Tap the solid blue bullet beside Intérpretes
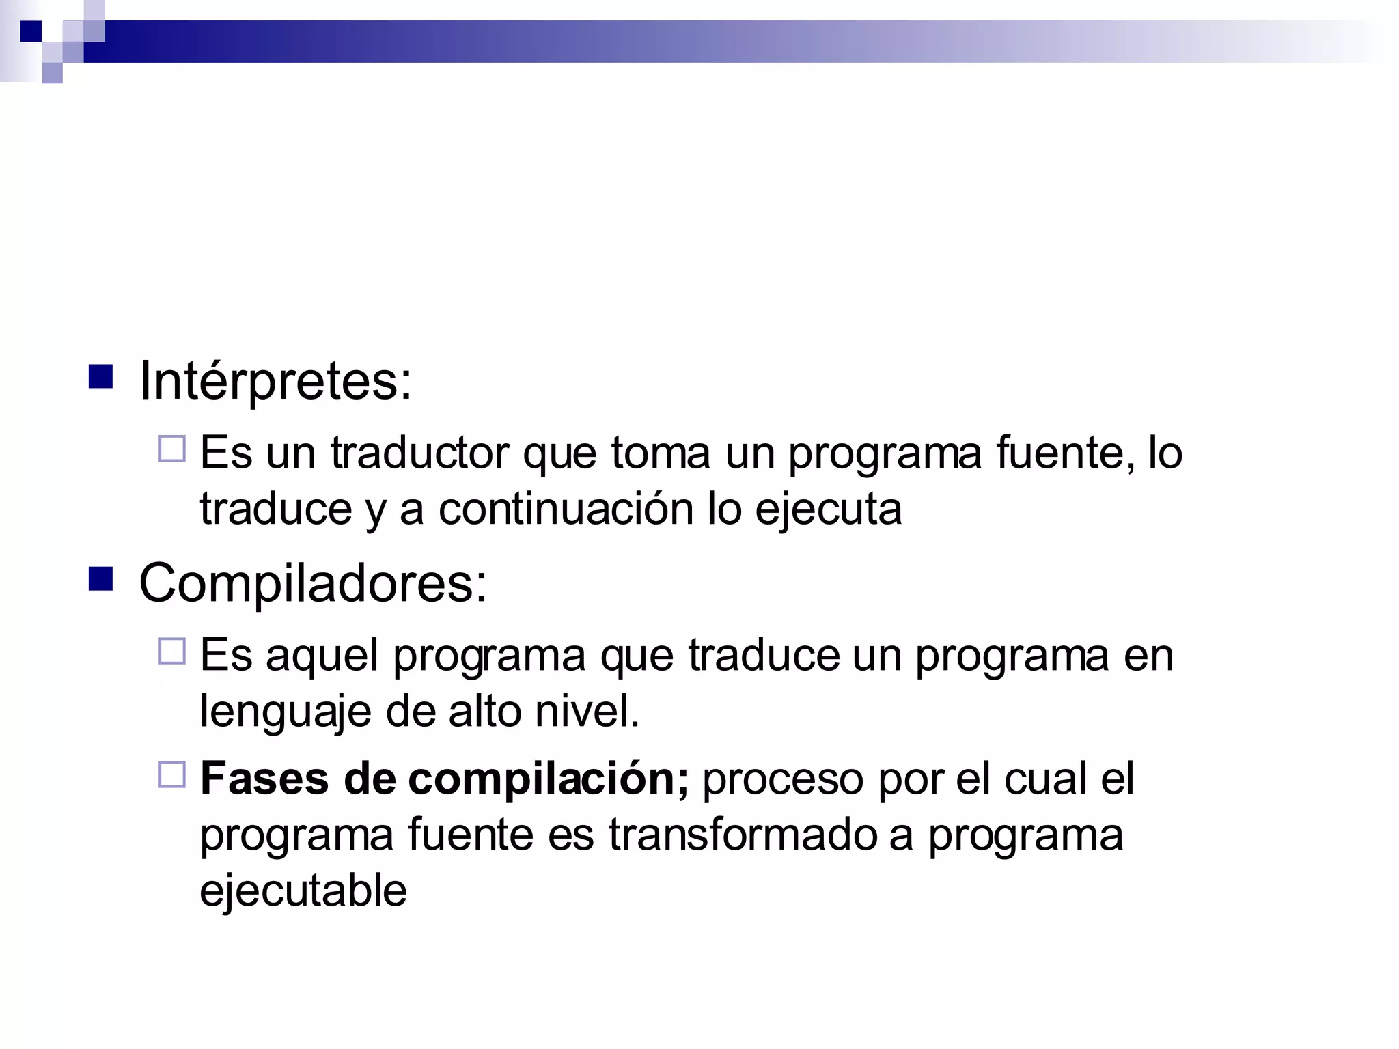coord(100,377)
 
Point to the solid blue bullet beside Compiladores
coord(100,579)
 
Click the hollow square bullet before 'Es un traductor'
coord(171,449)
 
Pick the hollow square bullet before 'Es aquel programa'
coord(171,652)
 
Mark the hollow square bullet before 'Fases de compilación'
coord(171,775)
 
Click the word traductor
coord(419,453)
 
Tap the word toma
coord(660,453)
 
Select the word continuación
coord(566,509)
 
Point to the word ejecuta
coord(828,509)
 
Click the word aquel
coord(322,656)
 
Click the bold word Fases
coord(264,779)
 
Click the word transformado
coord(743,835)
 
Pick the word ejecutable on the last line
coord(303,891)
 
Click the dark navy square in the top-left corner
coord(31,31)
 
